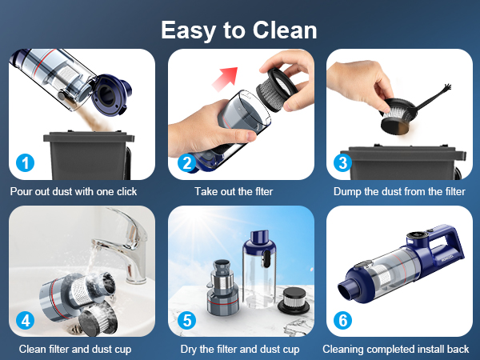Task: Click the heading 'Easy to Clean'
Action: click(x=239, y=30)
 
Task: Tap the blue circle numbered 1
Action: click(x=26, y=163)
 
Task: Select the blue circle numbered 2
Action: click(x=186, y=163)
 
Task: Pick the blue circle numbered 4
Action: click(x=26, y=320)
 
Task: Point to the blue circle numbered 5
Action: click(x=186, y=320)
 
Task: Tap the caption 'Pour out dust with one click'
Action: click(x=74, y=192)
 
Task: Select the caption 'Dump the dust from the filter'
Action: click(x=399, y=192)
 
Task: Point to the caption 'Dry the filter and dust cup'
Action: click(x=239, y=349)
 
